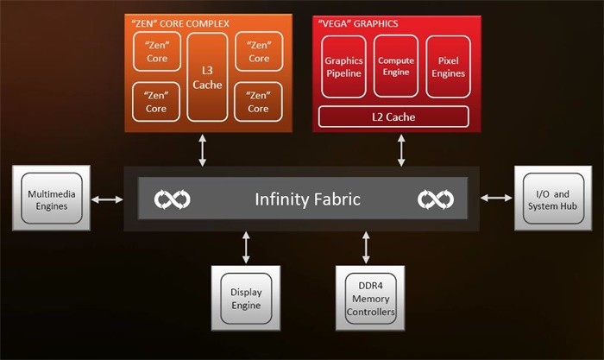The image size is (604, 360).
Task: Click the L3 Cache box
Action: [207, 77]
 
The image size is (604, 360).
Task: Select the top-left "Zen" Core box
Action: [157, 52]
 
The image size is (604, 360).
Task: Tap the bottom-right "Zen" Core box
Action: [258, 102]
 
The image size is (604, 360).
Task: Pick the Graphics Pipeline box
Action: [343, 66]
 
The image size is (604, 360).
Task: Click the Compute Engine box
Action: [395, 66]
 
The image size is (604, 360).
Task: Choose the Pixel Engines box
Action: [448, 66]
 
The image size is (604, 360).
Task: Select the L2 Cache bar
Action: [393, 117]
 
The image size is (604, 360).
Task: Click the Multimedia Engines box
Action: [52, 198]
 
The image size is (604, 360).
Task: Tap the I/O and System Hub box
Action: [553, 198]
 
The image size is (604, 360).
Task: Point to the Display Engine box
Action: [246, 298]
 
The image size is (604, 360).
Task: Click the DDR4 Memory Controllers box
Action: [370, 298]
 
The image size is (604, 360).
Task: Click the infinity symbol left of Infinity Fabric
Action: [173, 199]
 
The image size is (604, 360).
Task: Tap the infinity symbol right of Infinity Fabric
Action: [436, 199]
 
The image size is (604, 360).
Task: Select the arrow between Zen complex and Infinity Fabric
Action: [202, 150]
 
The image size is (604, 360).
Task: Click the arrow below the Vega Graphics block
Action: [401, 150]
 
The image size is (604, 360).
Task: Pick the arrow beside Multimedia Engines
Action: [107, 199]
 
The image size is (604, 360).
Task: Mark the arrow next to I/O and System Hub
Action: [496, 198]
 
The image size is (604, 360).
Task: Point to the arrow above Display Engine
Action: [246, 248]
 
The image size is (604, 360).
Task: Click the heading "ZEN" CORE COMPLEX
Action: [180, 23]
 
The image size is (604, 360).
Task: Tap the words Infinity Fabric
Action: [307, 199]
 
